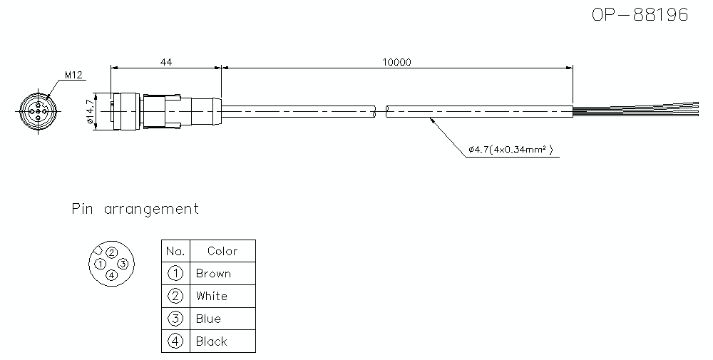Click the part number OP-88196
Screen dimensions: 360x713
pyautogui.click(x=640, y=16)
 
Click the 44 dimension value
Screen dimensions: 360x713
pyautogui.click(x=165, y=62)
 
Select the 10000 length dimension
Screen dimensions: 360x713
pyautogui.click(x=396, y=62)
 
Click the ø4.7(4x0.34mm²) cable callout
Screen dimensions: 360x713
pyautogui.click(x=512, y=150)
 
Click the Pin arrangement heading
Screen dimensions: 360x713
pyautogui.click(x=135, y=209)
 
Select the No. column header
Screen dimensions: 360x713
pyautogui.click(x=175, y=251)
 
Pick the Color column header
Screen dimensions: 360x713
pyautogui.click(x=222, y=251)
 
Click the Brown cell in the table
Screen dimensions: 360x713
pyautogui.click(x=213, y=274)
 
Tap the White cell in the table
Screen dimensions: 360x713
pyautogui.click(x=212, y=296)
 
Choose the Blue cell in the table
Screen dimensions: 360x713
pyautogui.click(x=208, y=319)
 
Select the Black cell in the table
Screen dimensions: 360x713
pyautogui.click(x=212, y=341)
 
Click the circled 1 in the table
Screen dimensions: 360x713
pyautogui.click(x=175, y=274)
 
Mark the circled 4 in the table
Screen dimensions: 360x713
pyautogui.click(x=175, y=341)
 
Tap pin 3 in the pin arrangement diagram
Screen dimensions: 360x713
pyautogui.click(x=123, y=264)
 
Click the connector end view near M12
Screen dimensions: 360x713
pyautogui.click(x=36, y=112)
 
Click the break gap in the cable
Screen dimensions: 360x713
pyautogui.click(x=380, y=112)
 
